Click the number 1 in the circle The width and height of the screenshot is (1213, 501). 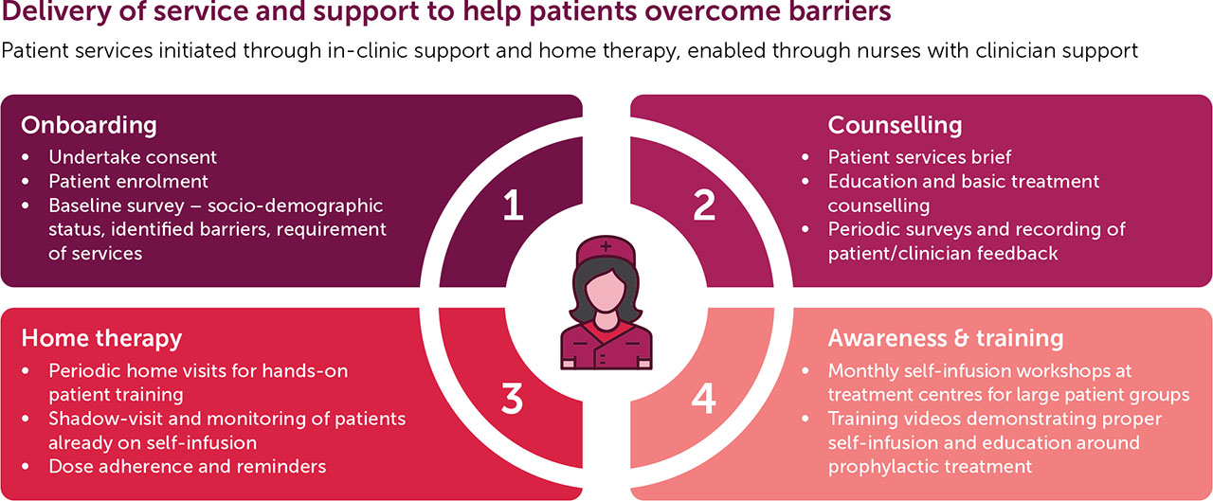pos(513,206)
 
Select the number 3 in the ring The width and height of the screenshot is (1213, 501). pos(512,399)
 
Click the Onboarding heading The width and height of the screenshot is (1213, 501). pos(89,125)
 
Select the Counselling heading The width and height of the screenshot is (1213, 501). pos(895,125)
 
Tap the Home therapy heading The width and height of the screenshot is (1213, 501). pos(101,338)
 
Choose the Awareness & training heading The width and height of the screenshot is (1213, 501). pos(945,338)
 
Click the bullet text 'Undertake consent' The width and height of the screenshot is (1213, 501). pos(133,157)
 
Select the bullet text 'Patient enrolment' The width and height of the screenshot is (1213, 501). pos(128,181)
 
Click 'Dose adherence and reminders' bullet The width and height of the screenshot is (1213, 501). pos(188,466)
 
